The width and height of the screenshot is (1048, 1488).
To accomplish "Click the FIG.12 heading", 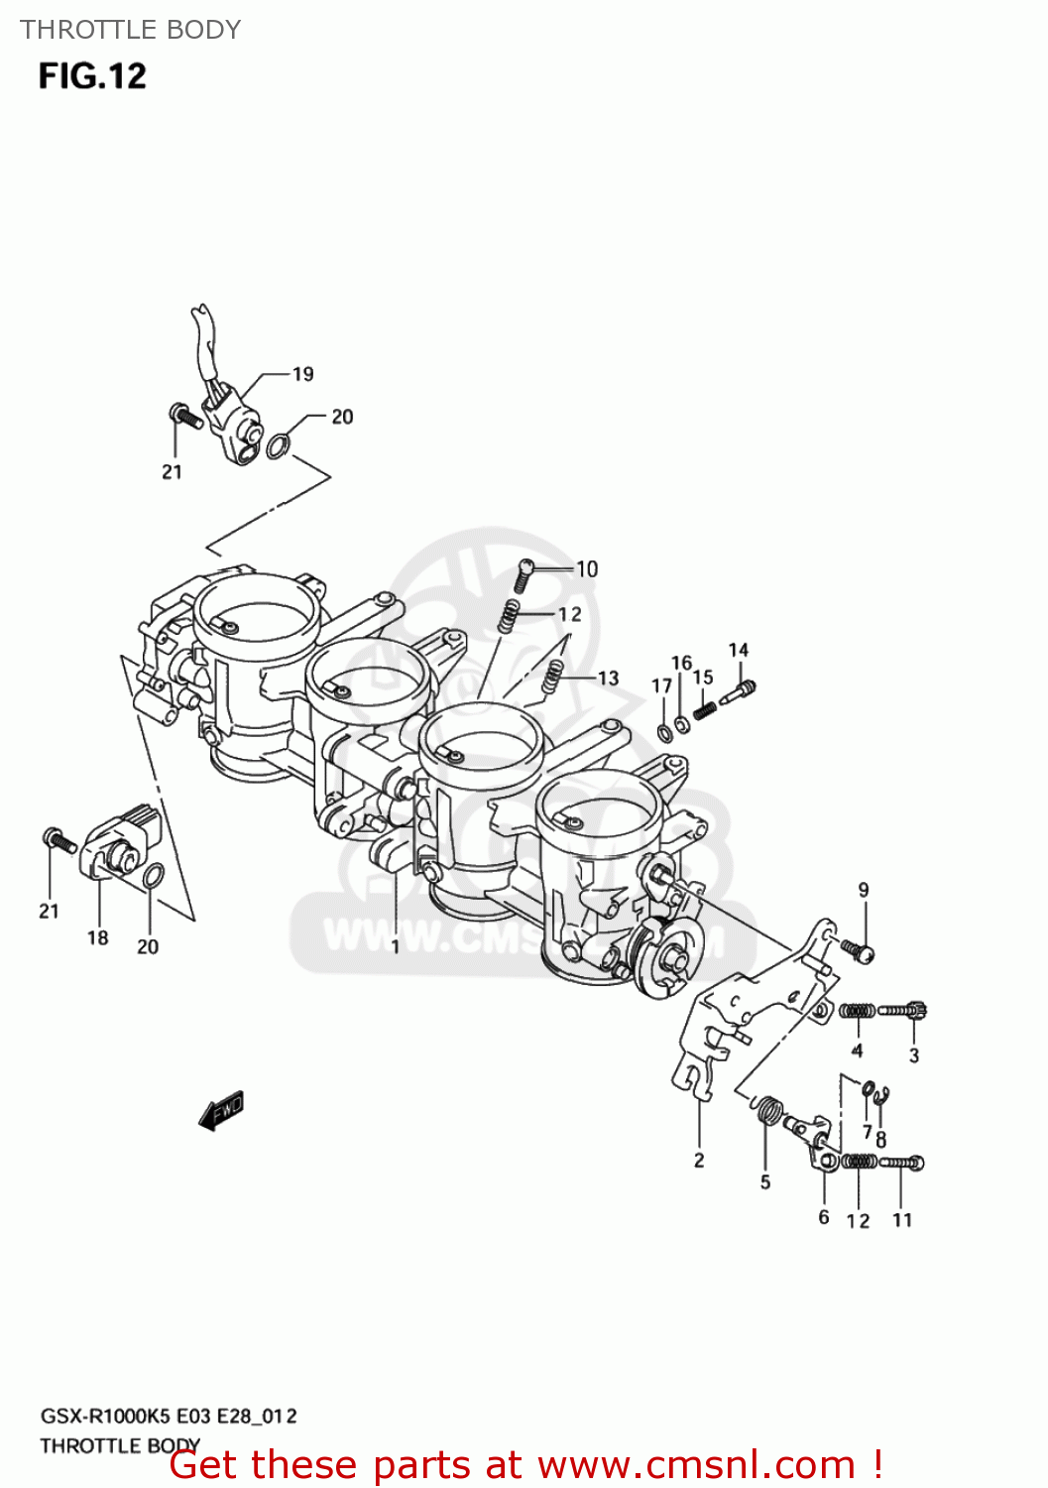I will (x=92, y=76).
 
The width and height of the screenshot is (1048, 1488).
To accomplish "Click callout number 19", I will (x=302, y=374).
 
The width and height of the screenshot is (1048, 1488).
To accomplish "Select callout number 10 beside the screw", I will (x=587, y=568).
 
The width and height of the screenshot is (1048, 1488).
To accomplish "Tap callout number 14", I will (x=739, y=650).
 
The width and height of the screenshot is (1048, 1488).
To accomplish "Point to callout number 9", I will (x=864, y=890).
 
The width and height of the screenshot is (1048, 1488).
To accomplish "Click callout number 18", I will (x=97, y=937).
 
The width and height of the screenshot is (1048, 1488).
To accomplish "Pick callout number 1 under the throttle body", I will (x=396, y=947).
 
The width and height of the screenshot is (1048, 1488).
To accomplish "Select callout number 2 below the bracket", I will (x=699, y=1160).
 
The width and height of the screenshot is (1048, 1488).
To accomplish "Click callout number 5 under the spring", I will (x=765, y=1181).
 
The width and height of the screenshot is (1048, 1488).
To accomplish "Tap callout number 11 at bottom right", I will (x=902, y=1219).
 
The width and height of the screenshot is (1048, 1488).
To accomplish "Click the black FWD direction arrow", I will (x=221, y=1111).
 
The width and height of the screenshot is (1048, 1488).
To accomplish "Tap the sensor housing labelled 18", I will (x=117, y=848).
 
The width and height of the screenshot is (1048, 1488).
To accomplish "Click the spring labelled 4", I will (x=857, y=1011).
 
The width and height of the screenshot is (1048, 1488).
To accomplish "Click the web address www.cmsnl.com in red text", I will (x=696, y=1464).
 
